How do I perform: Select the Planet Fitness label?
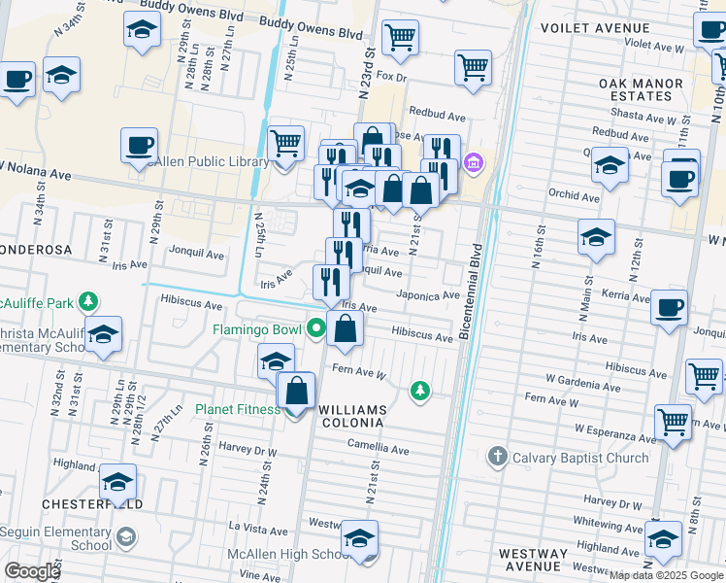[x=238, y=409]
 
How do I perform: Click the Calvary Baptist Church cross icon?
[x=497, y=457]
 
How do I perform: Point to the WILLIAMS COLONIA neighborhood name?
[x=352, y=416]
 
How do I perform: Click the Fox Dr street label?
[x=390, y=75]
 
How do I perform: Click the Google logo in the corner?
[x=32, y=570]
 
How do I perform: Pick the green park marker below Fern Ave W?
[x=419, y=390]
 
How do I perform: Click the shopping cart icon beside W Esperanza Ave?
[x=673, y=422]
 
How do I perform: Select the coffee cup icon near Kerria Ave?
[x=669, y=308]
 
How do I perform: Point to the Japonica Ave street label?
[x=427, y=295]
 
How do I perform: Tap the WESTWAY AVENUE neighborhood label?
[x=532, y=560]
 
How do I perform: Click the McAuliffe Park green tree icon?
[x=88, y=300]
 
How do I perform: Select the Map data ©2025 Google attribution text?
[x=666, y=575]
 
